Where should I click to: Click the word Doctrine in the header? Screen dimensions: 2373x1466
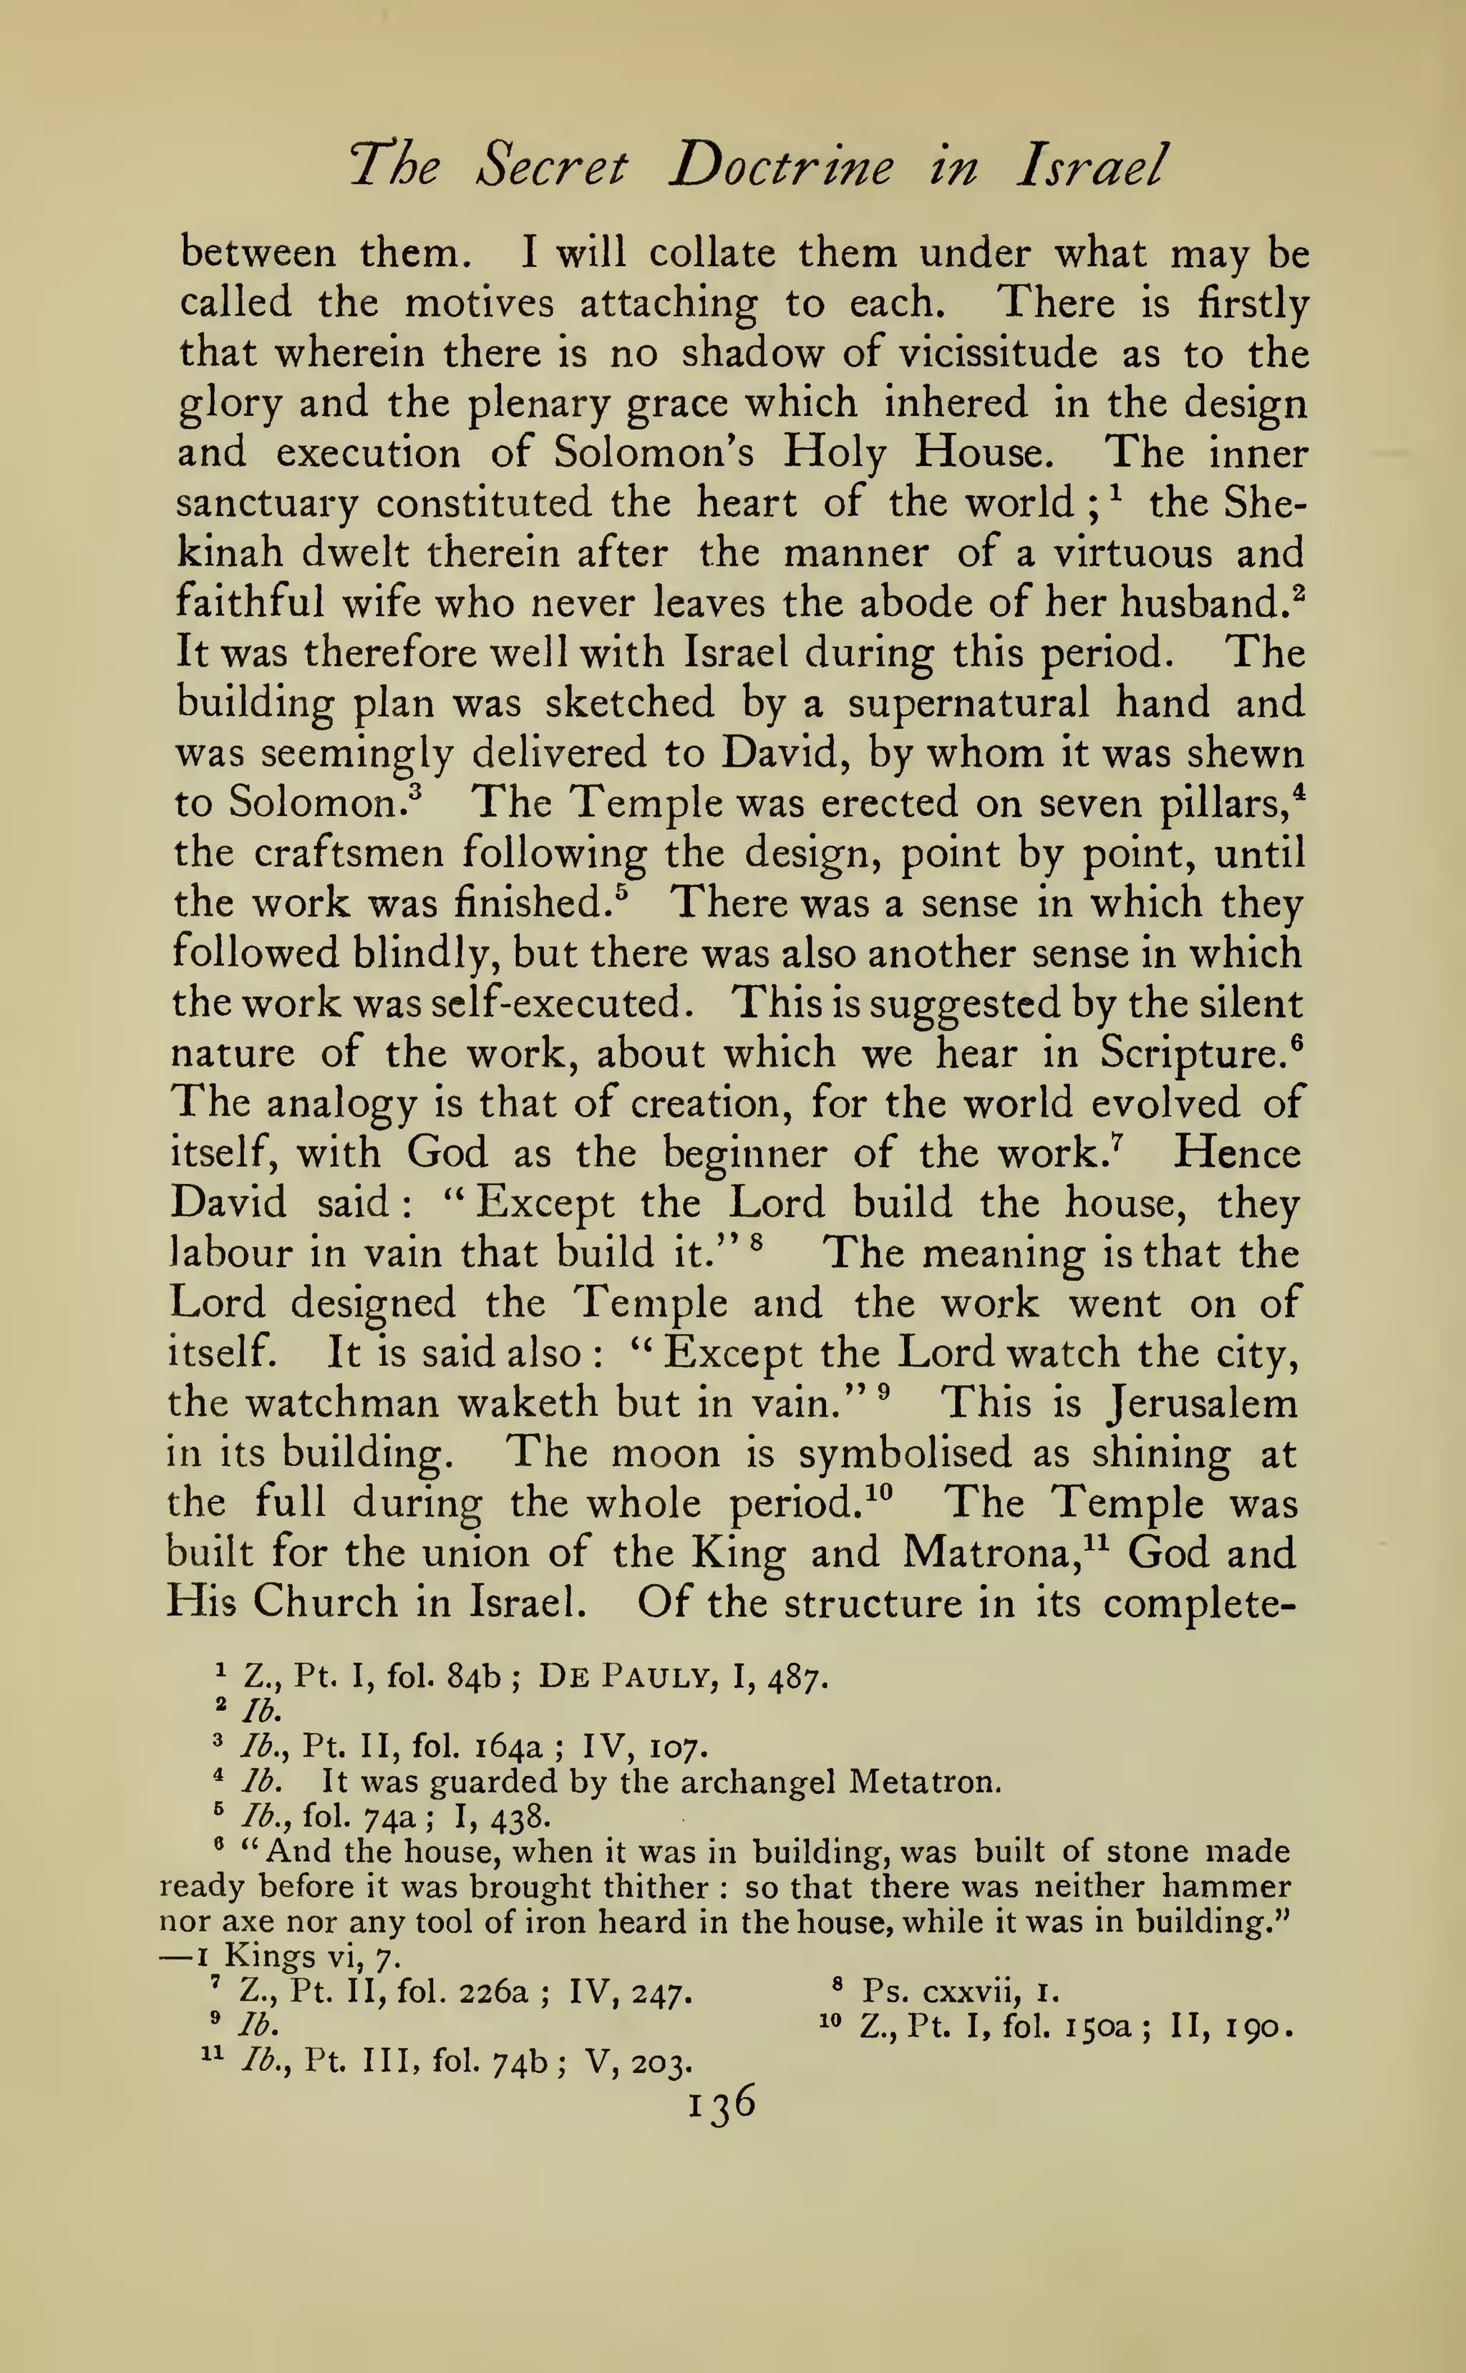(782, 167)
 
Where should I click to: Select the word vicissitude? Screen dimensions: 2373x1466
(998, 353)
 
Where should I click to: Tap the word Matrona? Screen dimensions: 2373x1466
(991, 1553)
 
